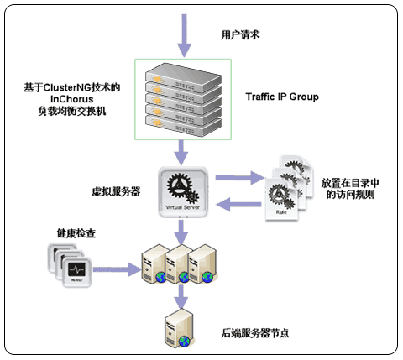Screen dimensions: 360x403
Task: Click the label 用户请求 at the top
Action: coord(241,35)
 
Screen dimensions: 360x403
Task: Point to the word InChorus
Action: coord(74,99)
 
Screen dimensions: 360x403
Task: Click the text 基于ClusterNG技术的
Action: coord(74,86)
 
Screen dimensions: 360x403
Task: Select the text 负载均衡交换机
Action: coord(74,112)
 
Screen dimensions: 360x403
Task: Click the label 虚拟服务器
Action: coord(116,191)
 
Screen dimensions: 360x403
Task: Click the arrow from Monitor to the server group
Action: coord(117,267)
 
